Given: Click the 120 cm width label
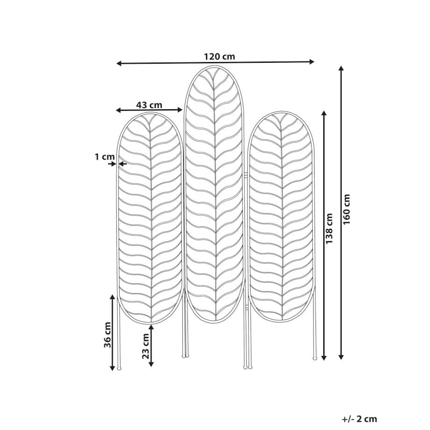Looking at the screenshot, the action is pos(219,57).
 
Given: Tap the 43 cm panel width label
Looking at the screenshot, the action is pos(149,105).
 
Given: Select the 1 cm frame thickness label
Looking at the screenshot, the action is pos(105,157).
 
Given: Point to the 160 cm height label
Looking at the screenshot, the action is pos(347,209).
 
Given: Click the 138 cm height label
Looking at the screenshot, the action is pos(329,229).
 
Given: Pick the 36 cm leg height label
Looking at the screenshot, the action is pos(107,335).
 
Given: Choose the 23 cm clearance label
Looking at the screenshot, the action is pos(146,346).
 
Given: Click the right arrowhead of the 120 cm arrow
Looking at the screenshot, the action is pos(312,62).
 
